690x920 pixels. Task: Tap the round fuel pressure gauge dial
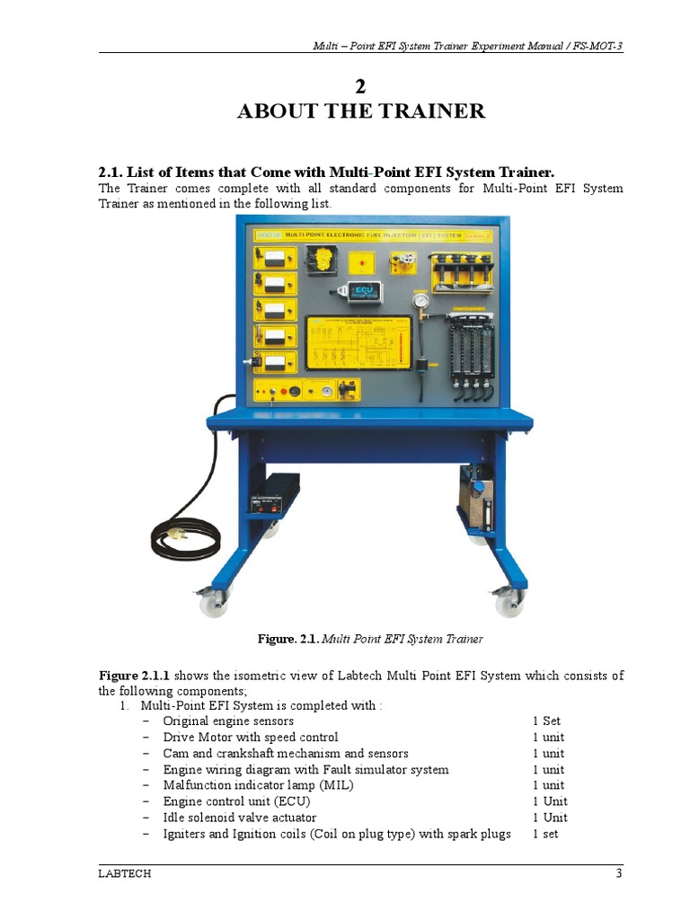(x=419, y=299)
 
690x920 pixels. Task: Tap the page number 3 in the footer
(x=619, y=873)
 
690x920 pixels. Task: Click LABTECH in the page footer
(x=122, y=873)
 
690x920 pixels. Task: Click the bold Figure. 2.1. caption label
(x=287, y=639)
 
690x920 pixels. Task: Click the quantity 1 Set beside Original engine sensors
(x=546, y=721)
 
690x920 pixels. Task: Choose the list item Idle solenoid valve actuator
(x=239, y=818)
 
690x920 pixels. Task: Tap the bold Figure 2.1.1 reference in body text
(x=134, y=676)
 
